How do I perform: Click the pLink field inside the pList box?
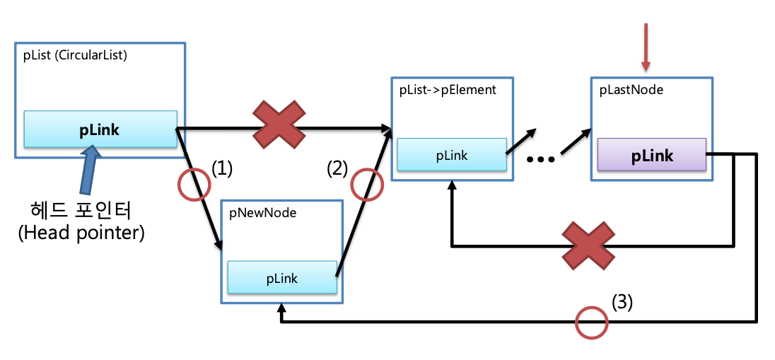point(100,129)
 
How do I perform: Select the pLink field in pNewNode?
point(281,278)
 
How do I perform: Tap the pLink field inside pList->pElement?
point(451,155)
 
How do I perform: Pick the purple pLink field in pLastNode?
point(651,155)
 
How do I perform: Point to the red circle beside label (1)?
point(194,185)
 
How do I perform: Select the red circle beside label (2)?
point(366,185)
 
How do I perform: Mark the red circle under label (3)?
point(591,323)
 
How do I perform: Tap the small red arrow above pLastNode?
point(645,47)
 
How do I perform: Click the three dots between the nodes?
point(541,159)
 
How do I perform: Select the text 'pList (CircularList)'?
point(74,56)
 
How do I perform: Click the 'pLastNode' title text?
point(631,90)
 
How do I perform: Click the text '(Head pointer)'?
point(81,233)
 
